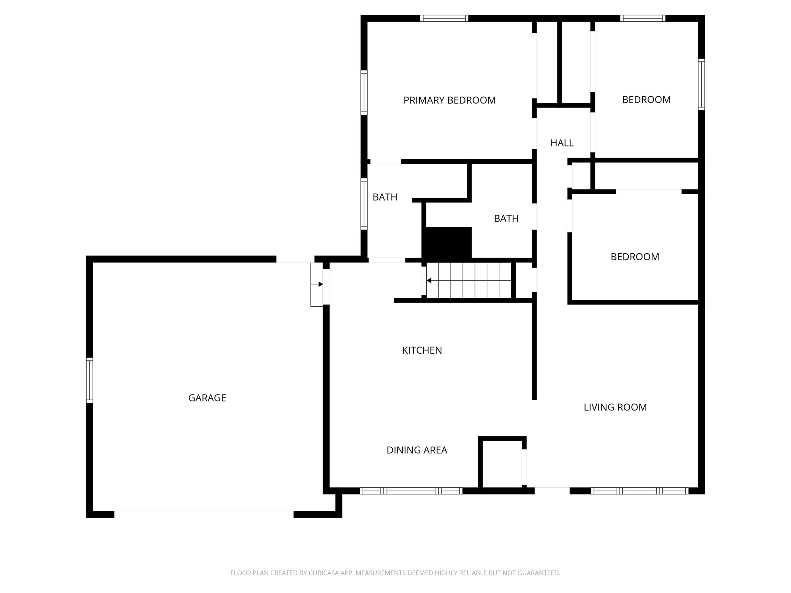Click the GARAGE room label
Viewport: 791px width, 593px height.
click(207, 398)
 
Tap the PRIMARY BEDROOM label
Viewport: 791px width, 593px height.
click(450, 100)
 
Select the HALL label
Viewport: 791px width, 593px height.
click(562, 143)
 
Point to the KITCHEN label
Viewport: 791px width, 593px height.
click(422, 350)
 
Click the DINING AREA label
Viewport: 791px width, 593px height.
click(417, 450)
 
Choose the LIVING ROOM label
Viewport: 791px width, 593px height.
click(615, 407)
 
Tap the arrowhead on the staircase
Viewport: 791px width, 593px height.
click(429, 280)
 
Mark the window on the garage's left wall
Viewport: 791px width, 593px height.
click(89, 380)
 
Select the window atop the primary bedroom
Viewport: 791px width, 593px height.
click(444, 18)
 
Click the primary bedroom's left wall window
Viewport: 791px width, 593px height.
click(364, 93)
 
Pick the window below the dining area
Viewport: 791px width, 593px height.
click(411, 491)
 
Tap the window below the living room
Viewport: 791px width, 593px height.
click(639, 491)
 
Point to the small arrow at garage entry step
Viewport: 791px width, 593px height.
click(317, 284)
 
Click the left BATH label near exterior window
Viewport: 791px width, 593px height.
click(385, 197)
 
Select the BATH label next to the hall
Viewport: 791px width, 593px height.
click(506, 218)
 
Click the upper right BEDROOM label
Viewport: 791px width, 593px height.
click(646, 100)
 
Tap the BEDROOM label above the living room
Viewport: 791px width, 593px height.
click(635, 257)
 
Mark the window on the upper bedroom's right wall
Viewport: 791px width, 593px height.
click(701, 84)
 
